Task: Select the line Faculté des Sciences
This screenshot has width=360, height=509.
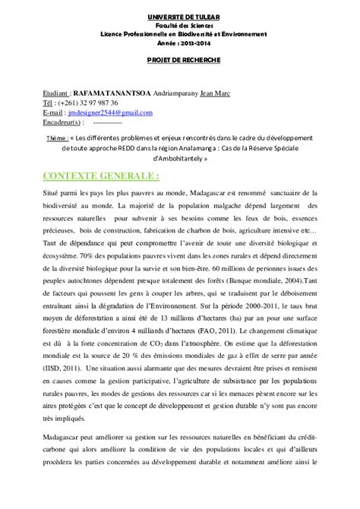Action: tap(179, 25)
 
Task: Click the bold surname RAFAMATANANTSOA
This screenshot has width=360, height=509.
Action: tap(115, 93)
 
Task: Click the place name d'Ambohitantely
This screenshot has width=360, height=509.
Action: tap(179, 160)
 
